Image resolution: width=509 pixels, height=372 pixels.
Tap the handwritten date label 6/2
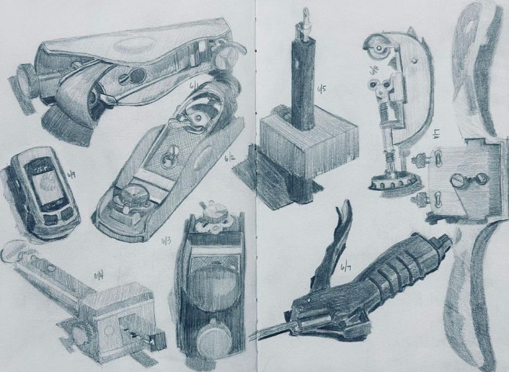(229, 158)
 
